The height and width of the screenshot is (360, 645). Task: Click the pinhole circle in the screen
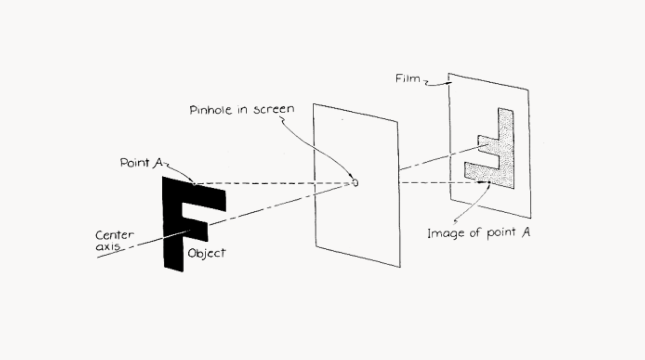point(355,183)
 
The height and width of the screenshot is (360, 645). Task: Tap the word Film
point(408,79)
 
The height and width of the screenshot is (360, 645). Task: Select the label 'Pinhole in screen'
point(242,110)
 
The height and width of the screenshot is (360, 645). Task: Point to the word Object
point(207,253)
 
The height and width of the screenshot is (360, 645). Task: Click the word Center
point(115,235)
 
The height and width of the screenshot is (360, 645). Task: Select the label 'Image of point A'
point(478,233)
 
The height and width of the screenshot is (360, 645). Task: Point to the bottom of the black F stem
point(173,266)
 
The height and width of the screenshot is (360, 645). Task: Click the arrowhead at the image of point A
point(488,182)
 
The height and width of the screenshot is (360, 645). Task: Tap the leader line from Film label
point(437,83)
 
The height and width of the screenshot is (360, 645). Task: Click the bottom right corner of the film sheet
point(530,217)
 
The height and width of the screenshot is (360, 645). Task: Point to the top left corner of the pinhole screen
point(314,104)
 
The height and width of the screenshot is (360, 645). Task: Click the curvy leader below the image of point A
point(472,206)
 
